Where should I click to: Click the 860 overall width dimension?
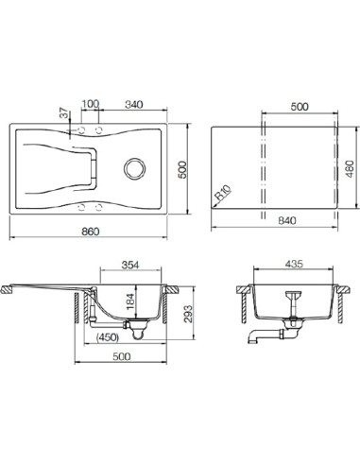click(91, 232)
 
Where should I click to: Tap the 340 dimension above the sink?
click(134, 104)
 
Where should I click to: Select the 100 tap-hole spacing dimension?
click(91, 104)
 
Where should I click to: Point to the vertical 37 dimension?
click(64, 112)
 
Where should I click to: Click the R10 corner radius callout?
click(223, 193)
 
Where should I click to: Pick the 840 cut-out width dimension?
click(287, 220)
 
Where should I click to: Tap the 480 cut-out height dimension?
click(350, 168)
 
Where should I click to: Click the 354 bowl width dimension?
click(130, 265)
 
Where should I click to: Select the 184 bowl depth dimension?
click(129, 301)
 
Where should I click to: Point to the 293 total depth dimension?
click(188, 314)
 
